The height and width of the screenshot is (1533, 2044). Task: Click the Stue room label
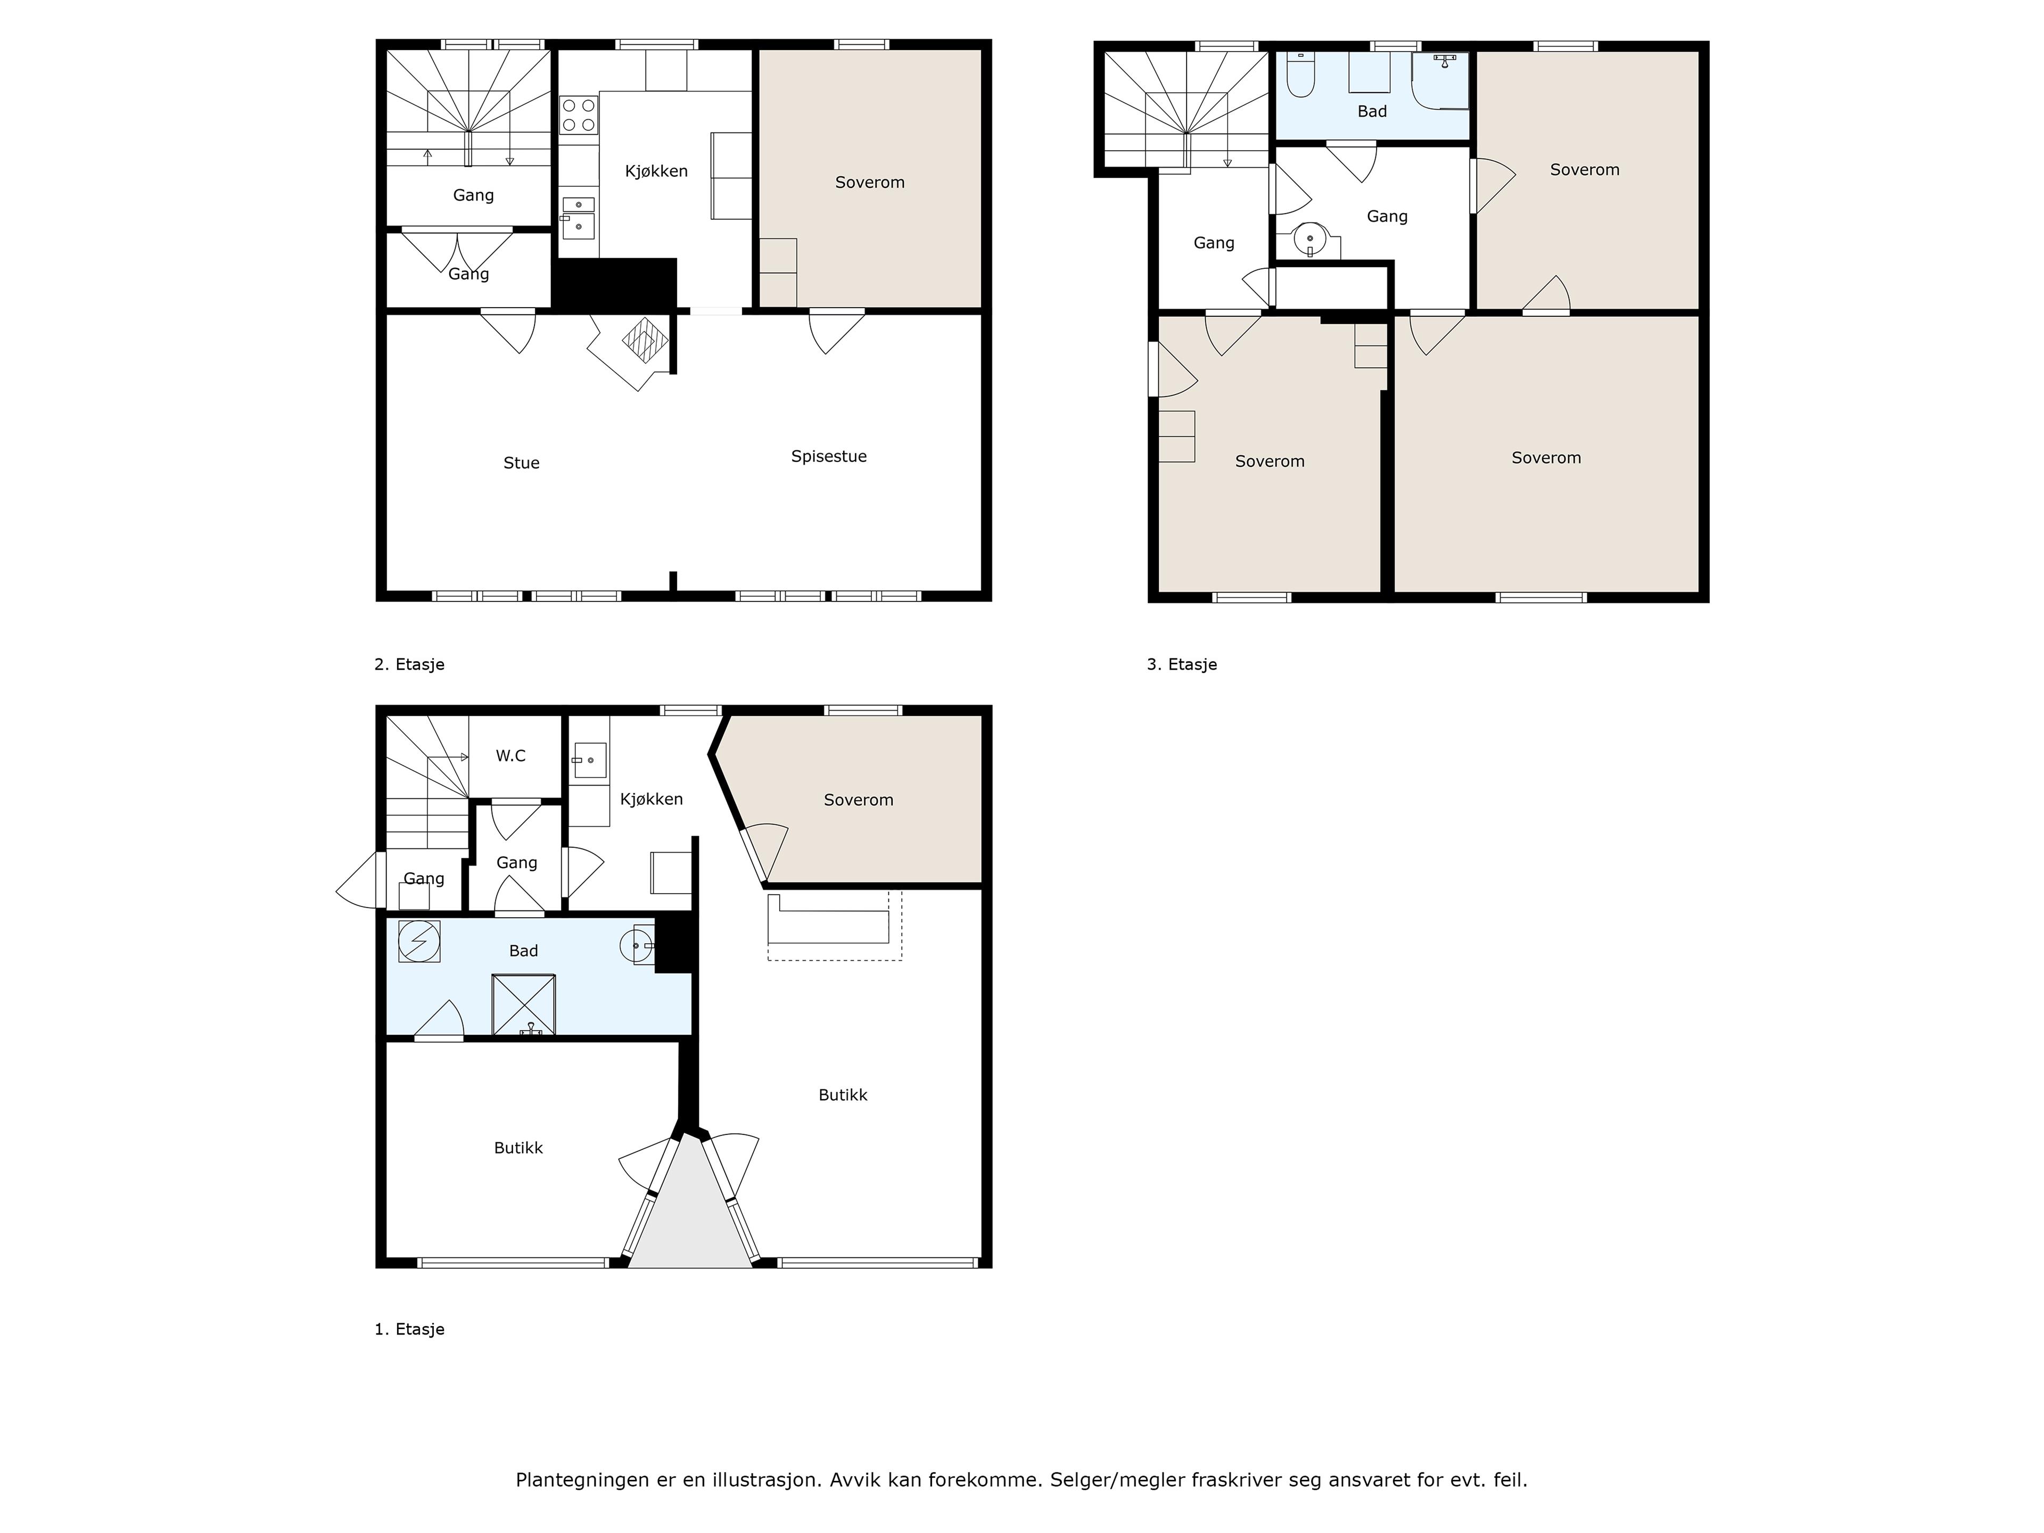tap(521, 463)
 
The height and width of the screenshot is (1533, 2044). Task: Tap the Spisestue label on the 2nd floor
tap(829, 457)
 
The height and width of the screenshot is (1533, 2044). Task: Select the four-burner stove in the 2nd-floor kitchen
tap(579, 116)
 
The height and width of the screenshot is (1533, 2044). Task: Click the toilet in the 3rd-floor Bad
tap(1300, 75)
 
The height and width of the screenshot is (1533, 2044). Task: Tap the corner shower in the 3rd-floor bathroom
tap(1440, 80)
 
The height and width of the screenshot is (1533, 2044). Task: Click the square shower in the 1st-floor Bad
tap(524, 1004)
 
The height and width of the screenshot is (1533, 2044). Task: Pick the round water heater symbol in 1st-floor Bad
tap(418, 942)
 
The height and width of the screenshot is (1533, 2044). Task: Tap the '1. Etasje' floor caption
tap(409, 1330)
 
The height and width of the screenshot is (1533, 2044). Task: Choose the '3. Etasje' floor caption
tap(1182, 664)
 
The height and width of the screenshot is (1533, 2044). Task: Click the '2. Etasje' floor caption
tap(409, 664)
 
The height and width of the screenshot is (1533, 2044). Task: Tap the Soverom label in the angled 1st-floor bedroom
tap(859, 800)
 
